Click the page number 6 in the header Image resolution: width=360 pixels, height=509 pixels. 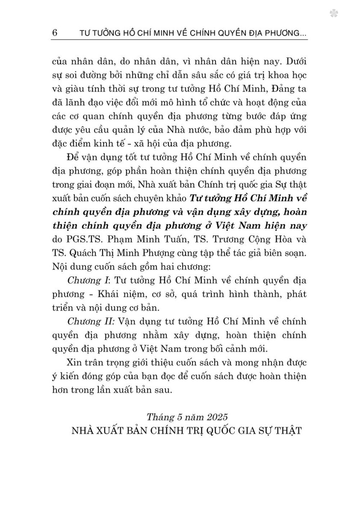click(x=55, y=32)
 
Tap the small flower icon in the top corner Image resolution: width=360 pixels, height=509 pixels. click(x=333, y=14)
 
